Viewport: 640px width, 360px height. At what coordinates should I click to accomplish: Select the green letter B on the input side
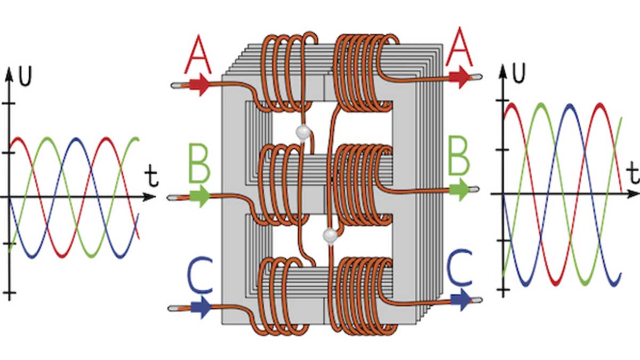coord(199,163)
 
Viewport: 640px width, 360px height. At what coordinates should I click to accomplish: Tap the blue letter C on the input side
coord(200,275)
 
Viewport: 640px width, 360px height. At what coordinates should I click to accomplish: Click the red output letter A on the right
coord(459,47)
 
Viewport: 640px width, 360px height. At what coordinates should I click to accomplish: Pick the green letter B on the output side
coord(459,156)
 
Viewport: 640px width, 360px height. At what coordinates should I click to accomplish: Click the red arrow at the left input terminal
coord(199,85)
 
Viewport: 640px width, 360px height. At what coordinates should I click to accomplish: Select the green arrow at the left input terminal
coord(199,196)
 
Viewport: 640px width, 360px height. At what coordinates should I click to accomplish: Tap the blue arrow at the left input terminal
coord(201,307)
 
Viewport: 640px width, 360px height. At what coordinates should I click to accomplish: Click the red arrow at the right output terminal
coord(460,77)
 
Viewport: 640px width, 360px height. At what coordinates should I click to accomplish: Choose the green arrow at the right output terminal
coord(460,189)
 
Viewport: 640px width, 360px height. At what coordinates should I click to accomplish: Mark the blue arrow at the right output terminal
coord(461,300)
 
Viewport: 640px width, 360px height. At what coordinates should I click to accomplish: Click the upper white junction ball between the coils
coord(303,132)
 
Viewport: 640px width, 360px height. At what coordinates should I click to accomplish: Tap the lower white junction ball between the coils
coord(330,236)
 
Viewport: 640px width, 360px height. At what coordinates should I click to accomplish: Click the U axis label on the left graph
coord(25,76)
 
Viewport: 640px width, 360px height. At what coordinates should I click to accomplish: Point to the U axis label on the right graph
coord(519,73)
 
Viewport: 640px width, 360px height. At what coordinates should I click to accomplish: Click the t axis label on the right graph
coord(634,173)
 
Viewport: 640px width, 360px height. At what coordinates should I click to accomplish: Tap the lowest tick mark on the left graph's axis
coord(9,293)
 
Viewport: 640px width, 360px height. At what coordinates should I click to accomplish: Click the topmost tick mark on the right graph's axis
coord(502,100)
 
